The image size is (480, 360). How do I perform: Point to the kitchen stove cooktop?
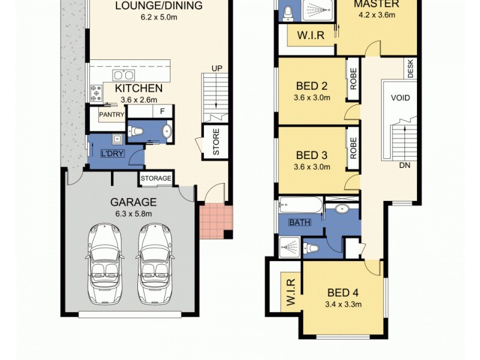click(96, 93)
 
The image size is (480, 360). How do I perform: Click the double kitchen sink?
click(124, 76)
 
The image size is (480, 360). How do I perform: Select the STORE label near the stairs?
click(216, 142)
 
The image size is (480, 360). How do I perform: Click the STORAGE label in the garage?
click(157, 178)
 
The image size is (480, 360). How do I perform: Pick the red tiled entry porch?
click(215, 220)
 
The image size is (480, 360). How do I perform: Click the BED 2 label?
click(312, 85)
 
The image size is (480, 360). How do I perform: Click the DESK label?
click(410, 68)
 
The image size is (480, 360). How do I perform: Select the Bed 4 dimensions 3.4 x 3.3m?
click(343, 305)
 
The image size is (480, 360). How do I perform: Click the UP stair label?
click(217, 68)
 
